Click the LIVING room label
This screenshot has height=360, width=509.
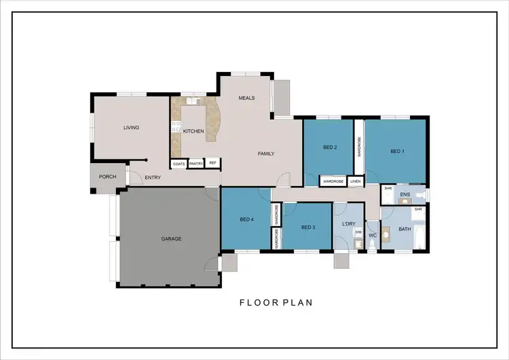[x=130, y=127]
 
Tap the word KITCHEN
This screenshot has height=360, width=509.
[x=193, y=131]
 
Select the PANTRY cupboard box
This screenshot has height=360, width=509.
[x=196, y=164]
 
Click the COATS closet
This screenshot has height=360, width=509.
[x=178, y=164]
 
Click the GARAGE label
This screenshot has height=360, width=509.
[x=170, y=238]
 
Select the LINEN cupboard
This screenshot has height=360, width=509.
[x=356, y=181]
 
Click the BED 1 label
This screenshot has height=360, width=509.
[x=397, y=151]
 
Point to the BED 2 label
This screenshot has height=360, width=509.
[x=330, y=147]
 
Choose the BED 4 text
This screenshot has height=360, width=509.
[x=247, y=219]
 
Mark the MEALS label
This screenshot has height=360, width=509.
[x=246, y=98]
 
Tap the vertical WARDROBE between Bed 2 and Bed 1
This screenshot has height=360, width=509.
[x=359, y=147]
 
